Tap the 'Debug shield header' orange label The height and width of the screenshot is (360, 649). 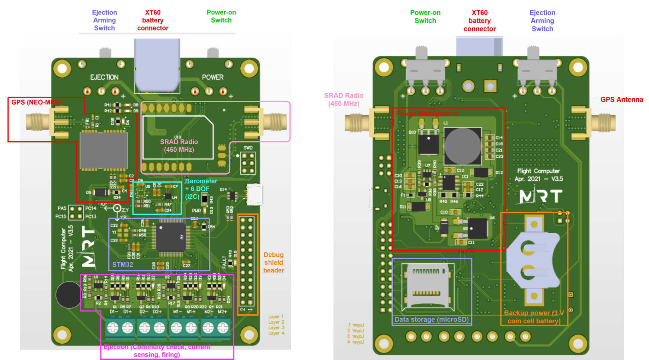[x=273, y=262]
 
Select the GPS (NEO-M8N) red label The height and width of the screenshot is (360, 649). [x=36, y=102]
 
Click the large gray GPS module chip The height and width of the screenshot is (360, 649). [x=103, y=150]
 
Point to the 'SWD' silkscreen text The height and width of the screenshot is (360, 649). [x=248, y=148]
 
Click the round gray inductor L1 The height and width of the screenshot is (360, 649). [x=462, y=146]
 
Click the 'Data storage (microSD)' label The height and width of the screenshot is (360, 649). [x=431, y=319]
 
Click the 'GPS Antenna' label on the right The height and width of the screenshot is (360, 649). [x=621, y=100]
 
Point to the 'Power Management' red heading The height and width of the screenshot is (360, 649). [x=427, y=113]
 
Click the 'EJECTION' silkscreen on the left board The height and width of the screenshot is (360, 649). [x=104, y=77]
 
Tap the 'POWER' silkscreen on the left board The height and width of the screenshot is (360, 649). [x=213, y=77]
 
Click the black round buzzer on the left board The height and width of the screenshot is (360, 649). [x=68, y=294]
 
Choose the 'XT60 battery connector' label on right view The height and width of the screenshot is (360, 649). [x=479, y=21]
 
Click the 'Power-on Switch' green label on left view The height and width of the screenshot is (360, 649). [x=221, y=16]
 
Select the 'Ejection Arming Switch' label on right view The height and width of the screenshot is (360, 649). [x=542, y=21]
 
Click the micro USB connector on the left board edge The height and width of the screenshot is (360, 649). [x=254, y=195]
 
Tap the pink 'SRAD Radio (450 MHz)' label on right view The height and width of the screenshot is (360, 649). [x=343, y=99]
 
